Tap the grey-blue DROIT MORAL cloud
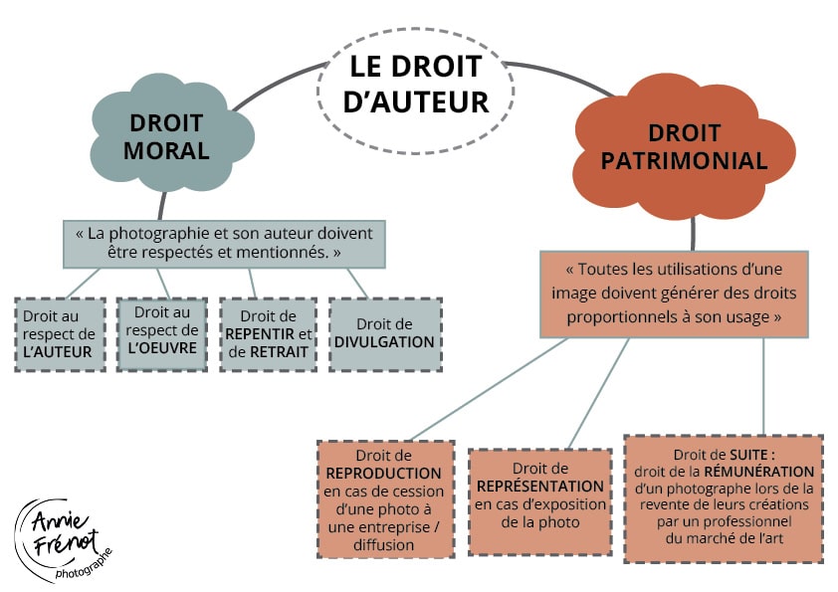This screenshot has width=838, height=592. coord(167,137)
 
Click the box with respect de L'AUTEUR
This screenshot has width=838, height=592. coord(61,333)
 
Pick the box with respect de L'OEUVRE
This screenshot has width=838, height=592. coord(162,332)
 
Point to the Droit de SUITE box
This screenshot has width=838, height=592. coord(724,497)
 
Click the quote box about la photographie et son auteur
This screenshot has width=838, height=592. coord(224,244)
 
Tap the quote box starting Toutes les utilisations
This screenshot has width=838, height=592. coord(674,293)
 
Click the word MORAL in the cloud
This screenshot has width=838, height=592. coord(167,151)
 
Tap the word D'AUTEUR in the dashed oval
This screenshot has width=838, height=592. coord(416,101)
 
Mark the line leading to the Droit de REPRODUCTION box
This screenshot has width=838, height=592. coord(488,388)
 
